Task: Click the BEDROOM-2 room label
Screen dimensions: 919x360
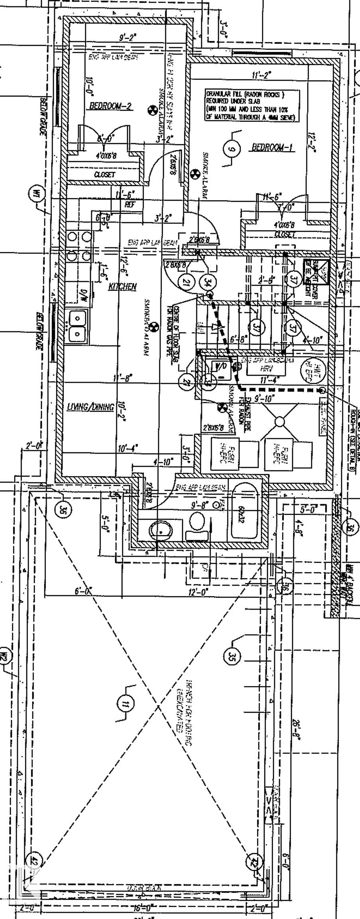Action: [x=110, y=106]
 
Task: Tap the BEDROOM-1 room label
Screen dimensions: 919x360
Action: [x=273, y=148]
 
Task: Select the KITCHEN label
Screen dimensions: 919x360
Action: [x=123, y=286]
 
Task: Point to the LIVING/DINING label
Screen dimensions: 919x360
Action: [x=90, y=407]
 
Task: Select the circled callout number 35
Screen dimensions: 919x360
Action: [x=232, y=655]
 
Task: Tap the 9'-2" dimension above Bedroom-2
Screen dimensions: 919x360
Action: [x=128, y=38]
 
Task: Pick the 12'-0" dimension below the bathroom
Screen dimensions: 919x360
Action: [x=198, y=592]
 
